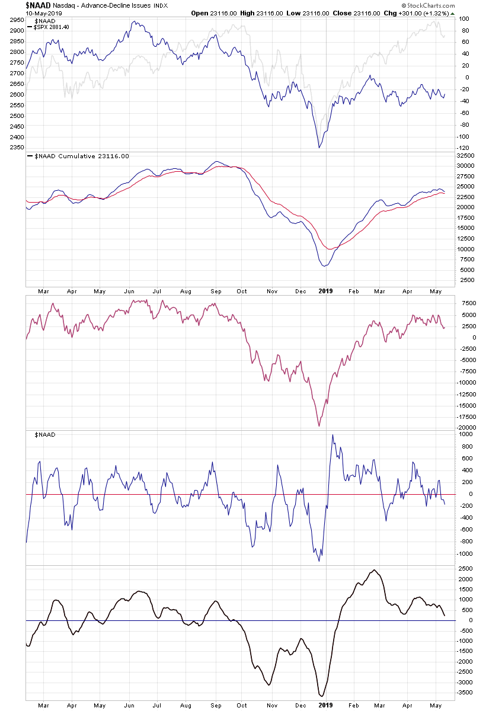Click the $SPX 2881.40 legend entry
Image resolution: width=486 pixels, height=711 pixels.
[52, 27]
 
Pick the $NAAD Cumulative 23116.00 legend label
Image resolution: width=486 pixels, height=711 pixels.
[79, 156]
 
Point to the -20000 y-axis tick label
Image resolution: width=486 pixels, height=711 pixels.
[466, 427]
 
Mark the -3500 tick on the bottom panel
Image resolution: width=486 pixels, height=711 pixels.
[466, 692]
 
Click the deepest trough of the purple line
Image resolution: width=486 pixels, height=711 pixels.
[319, 426]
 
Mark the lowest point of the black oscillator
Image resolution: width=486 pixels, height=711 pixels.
[322, 696]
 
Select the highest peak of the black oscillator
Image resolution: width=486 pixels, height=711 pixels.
[374, 570]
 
